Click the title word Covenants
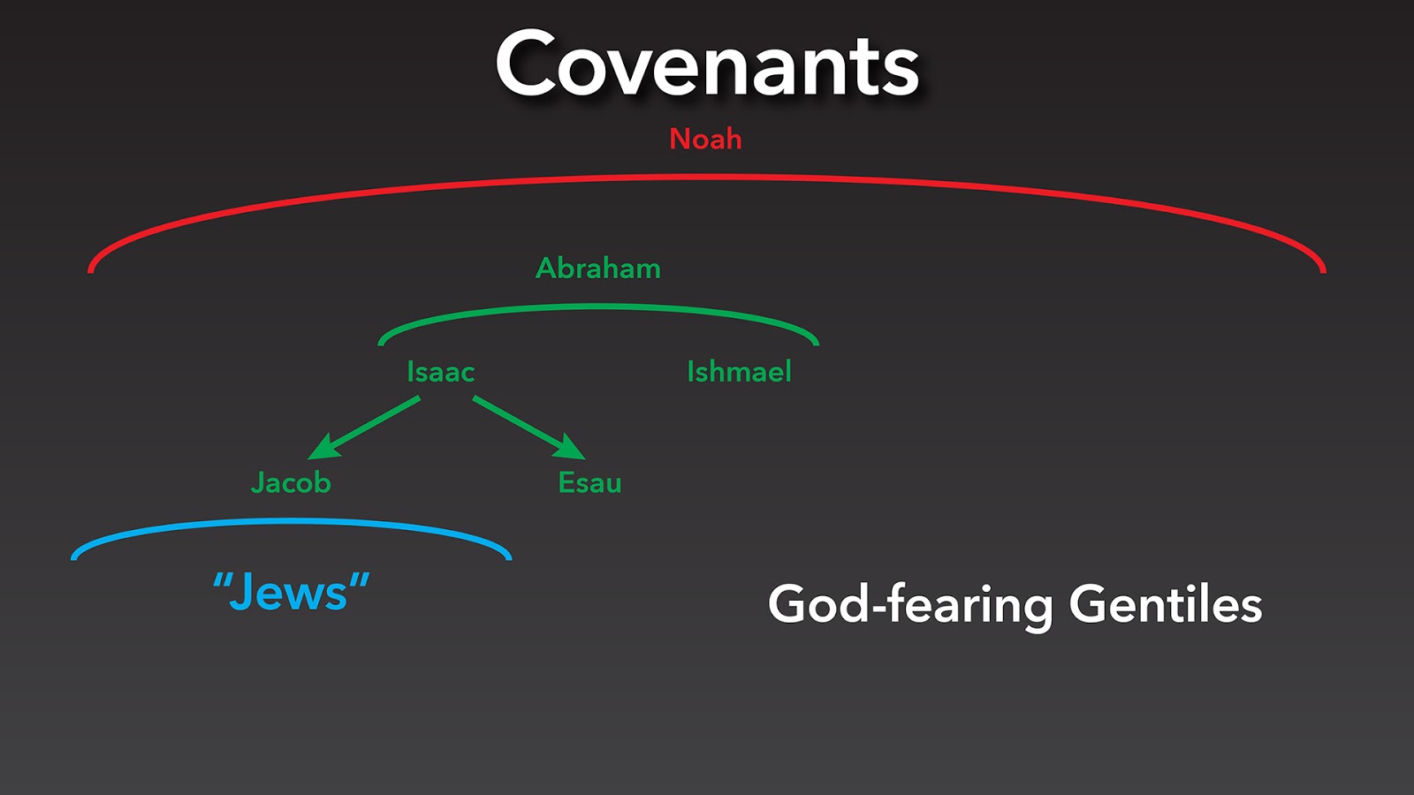coord(707,65)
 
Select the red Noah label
coord(705,139)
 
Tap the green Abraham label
coord(598,268)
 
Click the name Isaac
coord(440,372)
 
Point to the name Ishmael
coord(739,372)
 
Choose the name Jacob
coord(291,482)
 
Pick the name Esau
coord(589,482)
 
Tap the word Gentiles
coord(1165,605)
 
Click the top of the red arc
coord(707,178)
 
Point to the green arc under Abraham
coord(598,307)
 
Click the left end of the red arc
coord(91,267)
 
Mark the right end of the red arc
coord(1323,267)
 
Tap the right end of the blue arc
coord(508,556)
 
